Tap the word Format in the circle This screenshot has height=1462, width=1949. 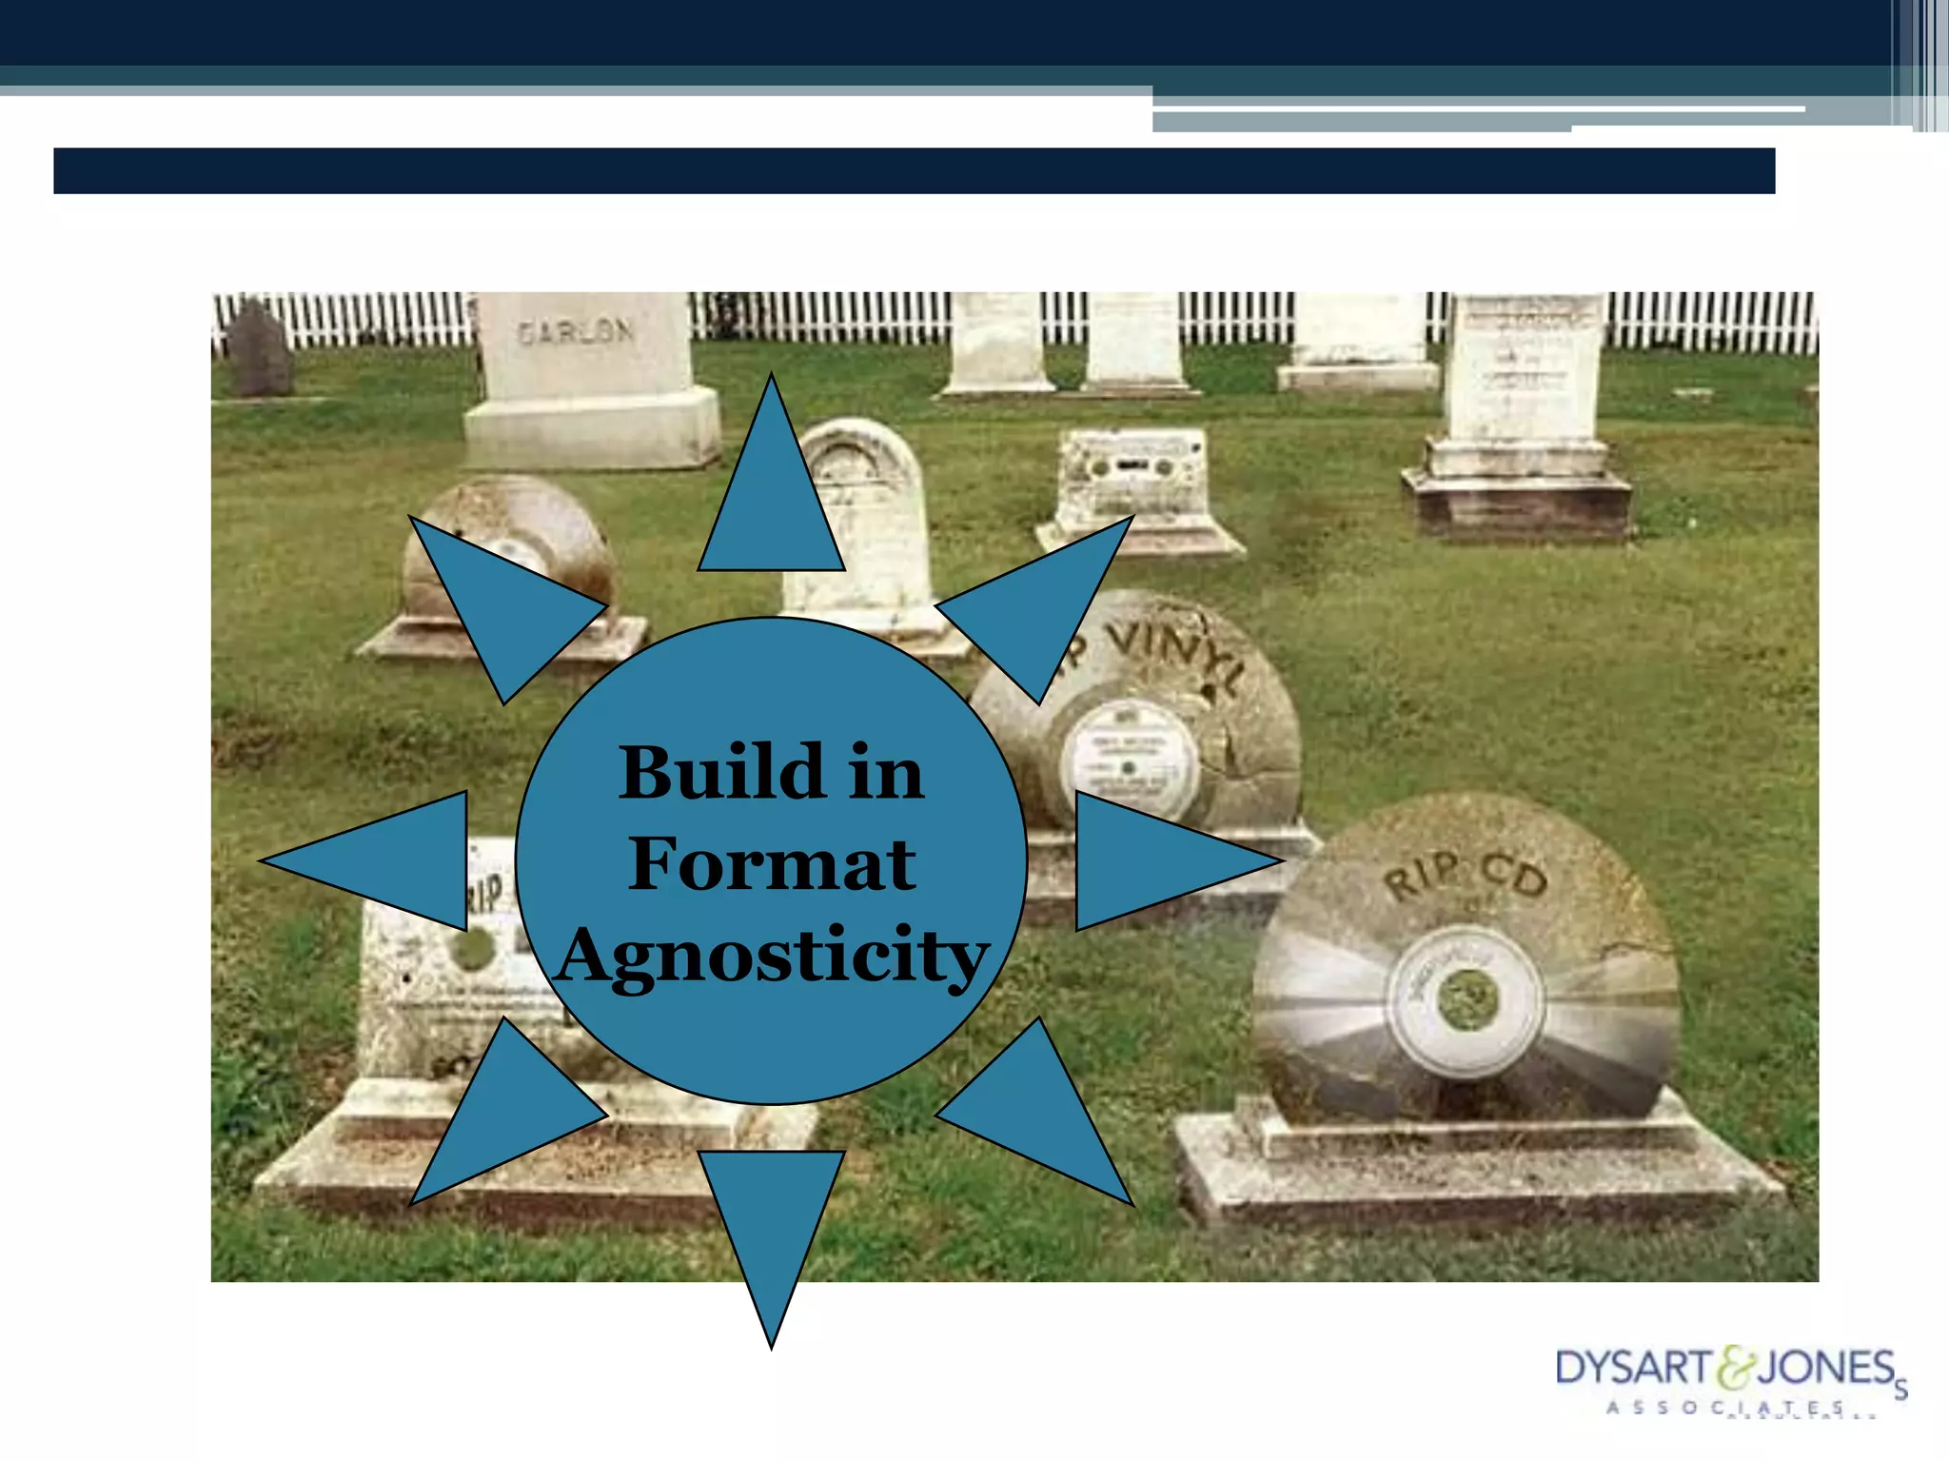tap(772, 864)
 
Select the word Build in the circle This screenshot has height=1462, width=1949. tap(721, 772)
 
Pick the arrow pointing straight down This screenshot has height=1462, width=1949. tap(772, 1228)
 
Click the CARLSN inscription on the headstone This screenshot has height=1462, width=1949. tap(575, 331)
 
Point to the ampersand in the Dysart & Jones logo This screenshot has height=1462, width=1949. tap(1734, 1368)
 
